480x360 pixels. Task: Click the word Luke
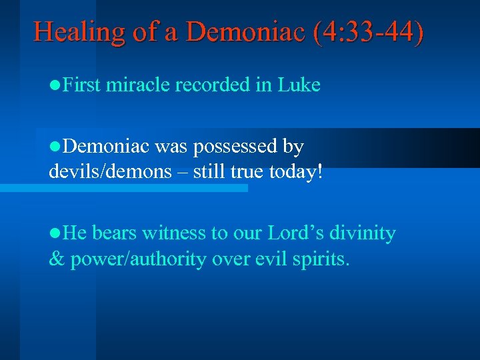coord(299,85)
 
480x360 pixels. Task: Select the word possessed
coord(239,146)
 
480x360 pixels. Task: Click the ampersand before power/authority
coord(56,259)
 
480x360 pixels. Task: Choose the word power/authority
coord(133,259)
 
